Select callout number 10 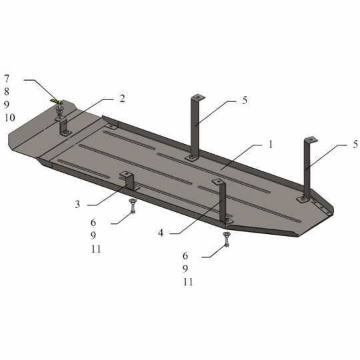[x=9, y=118]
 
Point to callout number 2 [x=122, y=99]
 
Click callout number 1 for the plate [x=271, y=144]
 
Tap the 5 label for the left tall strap [x=245, y=101]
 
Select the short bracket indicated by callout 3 [x=127, y=181]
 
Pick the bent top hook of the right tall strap [x=310, y=139]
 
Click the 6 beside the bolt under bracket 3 [x=94, y=223]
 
